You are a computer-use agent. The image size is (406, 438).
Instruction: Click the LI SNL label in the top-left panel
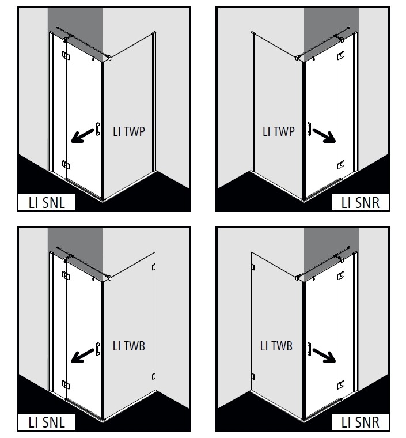coord(47,203)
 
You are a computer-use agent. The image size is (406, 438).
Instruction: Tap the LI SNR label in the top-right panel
coord(361,203)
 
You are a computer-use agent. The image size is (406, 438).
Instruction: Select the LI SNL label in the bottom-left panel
coord(47,422)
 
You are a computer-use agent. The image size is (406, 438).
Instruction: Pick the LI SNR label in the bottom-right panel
coord(361,422)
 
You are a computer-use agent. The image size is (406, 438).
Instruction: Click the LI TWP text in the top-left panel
coord(129,131)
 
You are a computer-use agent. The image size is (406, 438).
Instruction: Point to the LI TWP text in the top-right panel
coord(279,131)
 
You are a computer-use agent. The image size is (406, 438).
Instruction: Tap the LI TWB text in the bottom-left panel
coord(129,346)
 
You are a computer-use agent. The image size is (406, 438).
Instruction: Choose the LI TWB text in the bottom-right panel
coord(276,346)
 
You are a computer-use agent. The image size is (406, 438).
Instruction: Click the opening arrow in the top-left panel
coord(82,136)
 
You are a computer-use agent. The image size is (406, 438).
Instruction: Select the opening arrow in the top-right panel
coord(324,136)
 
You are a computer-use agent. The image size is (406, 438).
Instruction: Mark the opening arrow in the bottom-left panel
coord(82,356)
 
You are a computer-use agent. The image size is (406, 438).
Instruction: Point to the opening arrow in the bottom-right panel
coord(324,356)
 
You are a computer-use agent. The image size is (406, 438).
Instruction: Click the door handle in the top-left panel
coord(98,129)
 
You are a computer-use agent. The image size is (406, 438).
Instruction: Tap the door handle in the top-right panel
coord(309,129)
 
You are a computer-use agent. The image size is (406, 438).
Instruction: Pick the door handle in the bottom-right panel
coord(309,349)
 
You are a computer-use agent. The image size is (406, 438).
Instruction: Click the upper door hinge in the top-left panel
coord(66,55)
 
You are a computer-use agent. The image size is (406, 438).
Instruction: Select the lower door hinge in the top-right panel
coord(340,165)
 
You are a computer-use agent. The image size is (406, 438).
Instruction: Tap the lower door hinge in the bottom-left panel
coord(66,385)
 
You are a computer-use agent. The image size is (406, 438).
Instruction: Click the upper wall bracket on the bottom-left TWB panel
coord(153,267)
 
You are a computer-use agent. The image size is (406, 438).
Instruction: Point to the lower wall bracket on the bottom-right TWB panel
coord(253,376)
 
